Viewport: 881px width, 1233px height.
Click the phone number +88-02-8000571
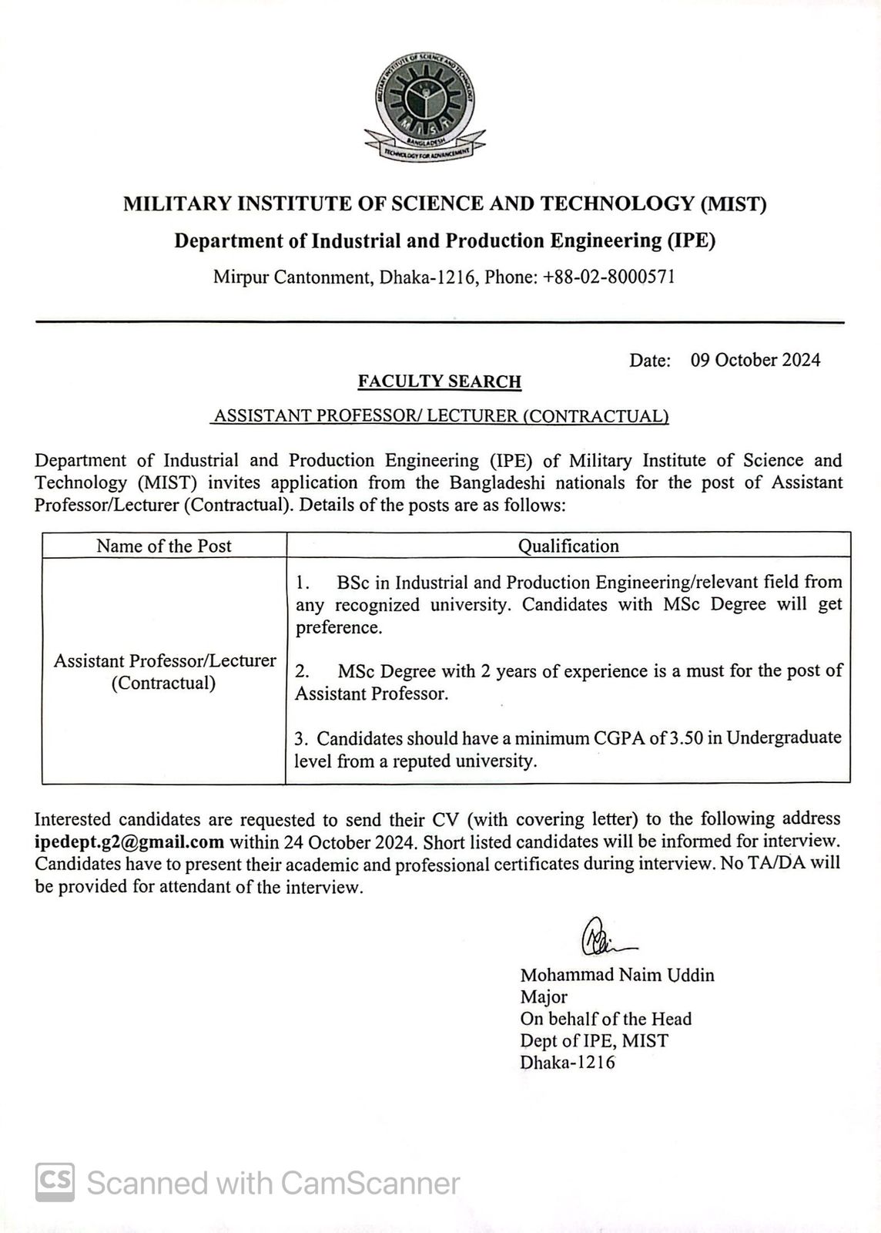pyautogui.click(x=608, y=277)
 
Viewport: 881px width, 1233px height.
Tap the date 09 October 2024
pyautogui.click(x=755, y=360)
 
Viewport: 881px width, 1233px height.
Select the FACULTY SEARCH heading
pyautogui.click(x=439, y=381)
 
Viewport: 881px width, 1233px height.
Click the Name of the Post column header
pyautogui.click(x=163, y=546)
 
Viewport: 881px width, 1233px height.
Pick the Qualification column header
pyautogui.click(x=568, y=546)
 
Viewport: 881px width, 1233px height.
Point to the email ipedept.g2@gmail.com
pyautogui.click(x=129, y=842)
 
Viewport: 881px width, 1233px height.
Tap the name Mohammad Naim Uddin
pyautogui.click(x=617, y=975)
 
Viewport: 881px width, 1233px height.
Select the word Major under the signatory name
pyautogui.click(x=544, y=997)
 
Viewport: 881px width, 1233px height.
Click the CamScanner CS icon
pyautogui.click(x=55, y=1182)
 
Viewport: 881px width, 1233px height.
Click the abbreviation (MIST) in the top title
pyautogui.click(x=732, y=204)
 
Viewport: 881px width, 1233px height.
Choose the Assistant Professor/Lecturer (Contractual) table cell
pyautogui.click(x=163, y=672)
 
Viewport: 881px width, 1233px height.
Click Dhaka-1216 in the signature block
pyautogui.click(x=568, y=1063)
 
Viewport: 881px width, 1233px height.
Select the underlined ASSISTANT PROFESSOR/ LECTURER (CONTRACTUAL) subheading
pyautogui.click(x=440, y=416)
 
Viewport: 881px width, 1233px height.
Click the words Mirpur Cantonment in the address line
pyautogui.click(x=293, y=277)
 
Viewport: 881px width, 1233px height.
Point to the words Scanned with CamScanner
pyautogui.click(x=273, y=1182)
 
